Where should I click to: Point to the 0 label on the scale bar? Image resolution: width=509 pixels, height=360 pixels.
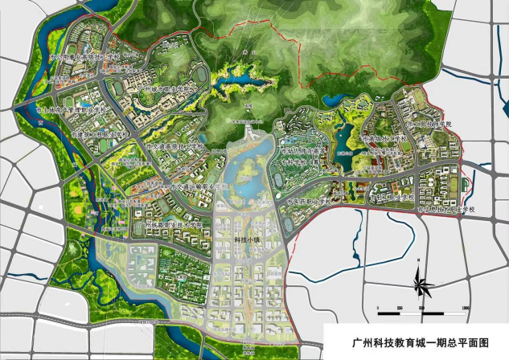379,309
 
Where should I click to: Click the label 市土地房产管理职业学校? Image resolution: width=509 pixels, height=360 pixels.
72,109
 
